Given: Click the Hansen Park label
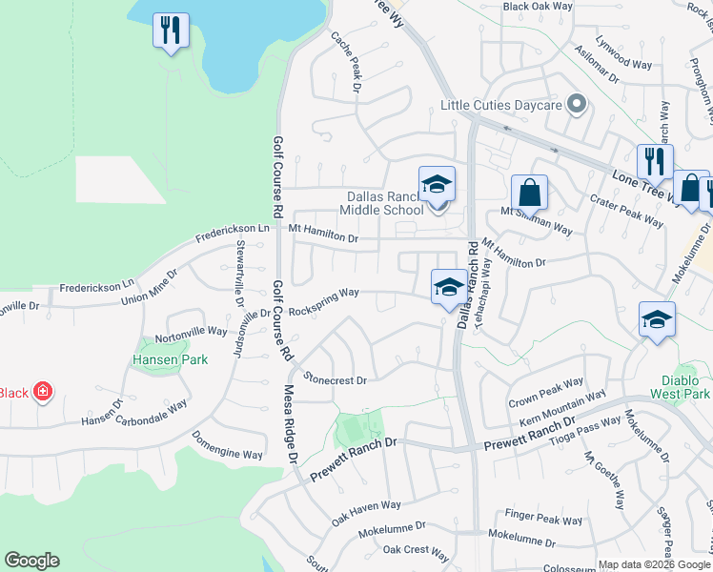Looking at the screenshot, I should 156,361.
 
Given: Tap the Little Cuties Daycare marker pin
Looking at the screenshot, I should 576,105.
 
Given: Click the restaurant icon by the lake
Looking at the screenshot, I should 171,31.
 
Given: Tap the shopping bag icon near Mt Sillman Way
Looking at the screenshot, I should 529,193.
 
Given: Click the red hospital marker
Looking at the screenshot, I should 42,392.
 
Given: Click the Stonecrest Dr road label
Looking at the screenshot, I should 335,378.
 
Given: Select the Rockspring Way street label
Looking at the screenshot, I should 323,302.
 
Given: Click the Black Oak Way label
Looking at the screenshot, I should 538,6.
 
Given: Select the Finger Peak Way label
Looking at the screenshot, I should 543,518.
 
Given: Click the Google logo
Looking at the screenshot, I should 31,561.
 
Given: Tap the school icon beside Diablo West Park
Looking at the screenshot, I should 657,321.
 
